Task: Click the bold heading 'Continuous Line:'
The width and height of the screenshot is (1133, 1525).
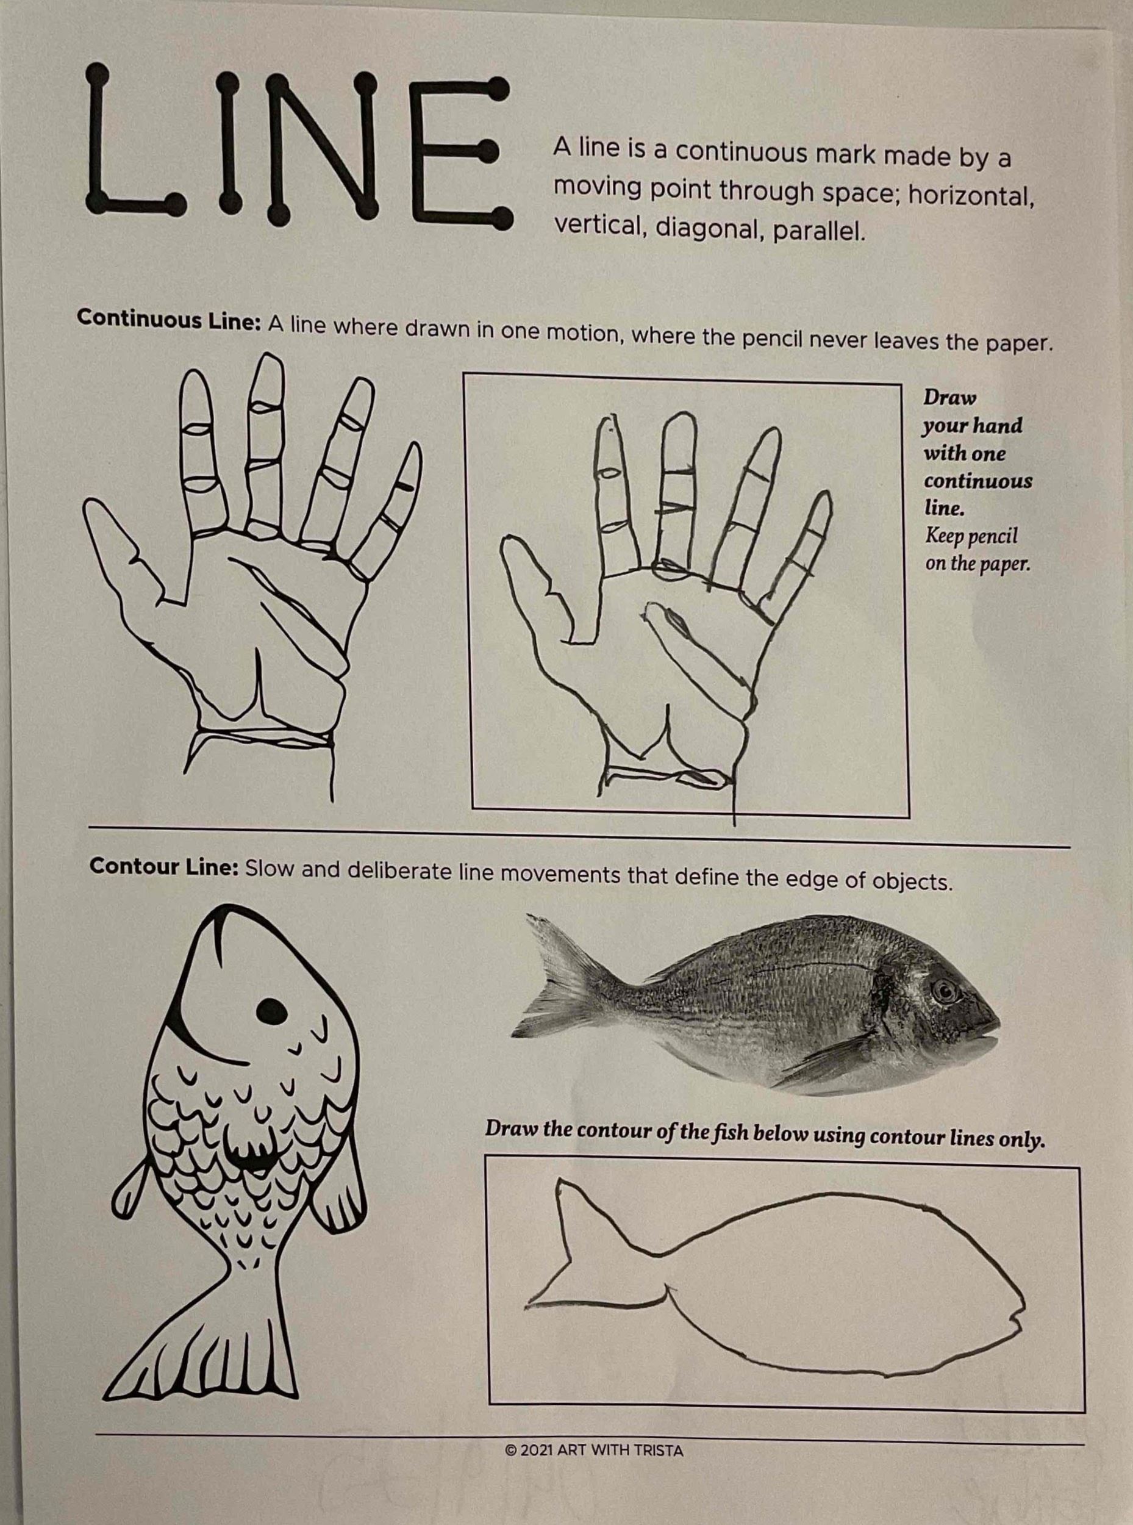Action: coord(169,319)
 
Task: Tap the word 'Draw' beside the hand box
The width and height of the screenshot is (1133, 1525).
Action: coord(950,397)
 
